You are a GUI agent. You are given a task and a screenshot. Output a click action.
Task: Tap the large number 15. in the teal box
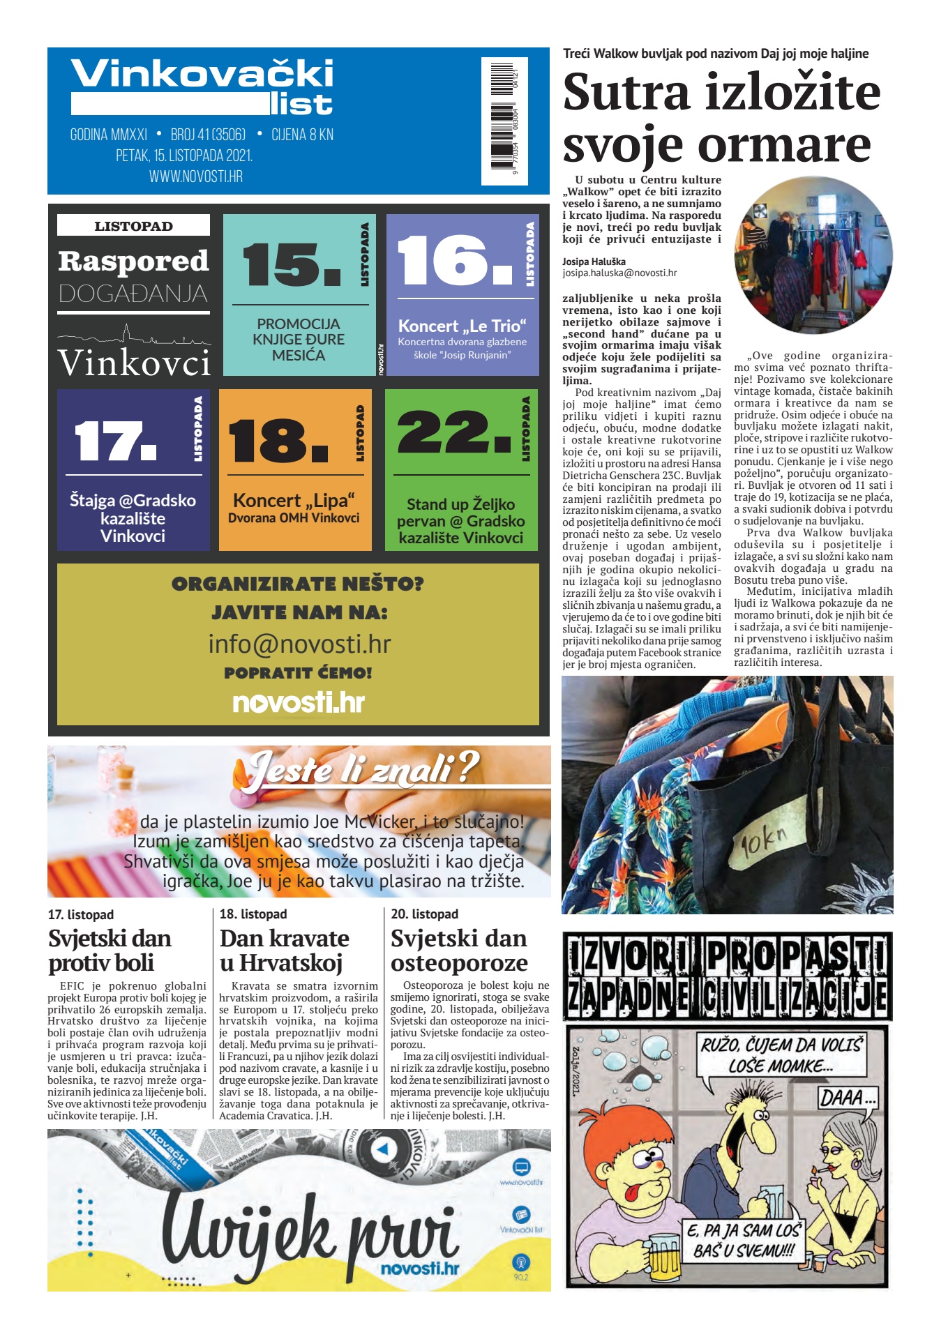click(x=292, y=264)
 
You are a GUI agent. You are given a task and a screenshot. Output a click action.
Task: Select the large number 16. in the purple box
click(x=454, y=260)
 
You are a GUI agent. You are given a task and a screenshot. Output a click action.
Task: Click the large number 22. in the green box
click(x=454, y=433)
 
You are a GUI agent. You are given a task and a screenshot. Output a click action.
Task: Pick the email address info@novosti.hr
click(x=299, y=644)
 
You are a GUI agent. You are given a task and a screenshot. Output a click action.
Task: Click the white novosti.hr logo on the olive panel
click(x=299, y=702)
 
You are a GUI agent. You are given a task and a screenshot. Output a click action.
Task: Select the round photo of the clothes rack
click(x=813, y=255)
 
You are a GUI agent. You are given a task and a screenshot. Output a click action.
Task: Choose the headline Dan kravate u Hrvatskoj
click(x=284, y=950)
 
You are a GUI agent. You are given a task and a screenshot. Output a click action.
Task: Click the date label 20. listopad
click(x=424, y=914)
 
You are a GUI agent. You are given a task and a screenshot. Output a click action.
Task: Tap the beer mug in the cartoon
click(x=663, y=1254)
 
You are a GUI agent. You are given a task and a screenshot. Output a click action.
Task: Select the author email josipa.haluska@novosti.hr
click(x=619, y=273)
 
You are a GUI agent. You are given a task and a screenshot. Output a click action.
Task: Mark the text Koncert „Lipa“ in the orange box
click(x=294, y=501)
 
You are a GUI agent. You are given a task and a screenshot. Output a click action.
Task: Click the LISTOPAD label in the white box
click(x=133, y=226)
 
